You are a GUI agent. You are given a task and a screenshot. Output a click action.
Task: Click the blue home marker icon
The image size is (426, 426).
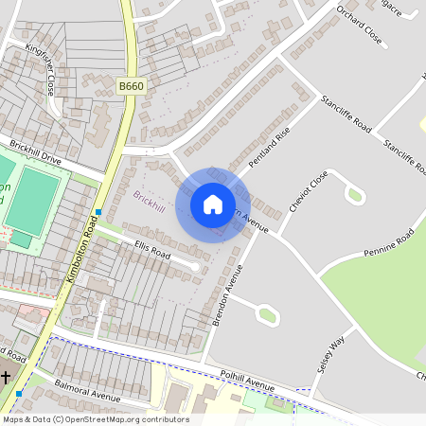point(213,204)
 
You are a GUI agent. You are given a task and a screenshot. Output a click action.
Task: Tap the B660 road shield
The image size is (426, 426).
point(132,86)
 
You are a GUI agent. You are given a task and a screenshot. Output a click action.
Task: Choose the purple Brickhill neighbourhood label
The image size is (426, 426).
point(150,201)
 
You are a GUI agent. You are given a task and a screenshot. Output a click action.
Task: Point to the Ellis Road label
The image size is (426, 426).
point(152,253)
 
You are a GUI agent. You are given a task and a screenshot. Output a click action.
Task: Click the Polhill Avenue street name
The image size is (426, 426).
point(245,382)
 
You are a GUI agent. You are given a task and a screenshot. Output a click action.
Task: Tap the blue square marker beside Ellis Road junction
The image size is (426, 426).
point(98,212)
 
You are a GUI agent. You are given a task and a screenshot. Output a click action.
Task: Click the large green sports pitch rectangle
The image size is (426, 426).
point(37,193)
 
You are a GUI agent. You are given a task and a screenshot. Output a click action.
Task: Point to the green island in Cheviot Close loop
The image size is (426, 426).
point(355,196)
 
